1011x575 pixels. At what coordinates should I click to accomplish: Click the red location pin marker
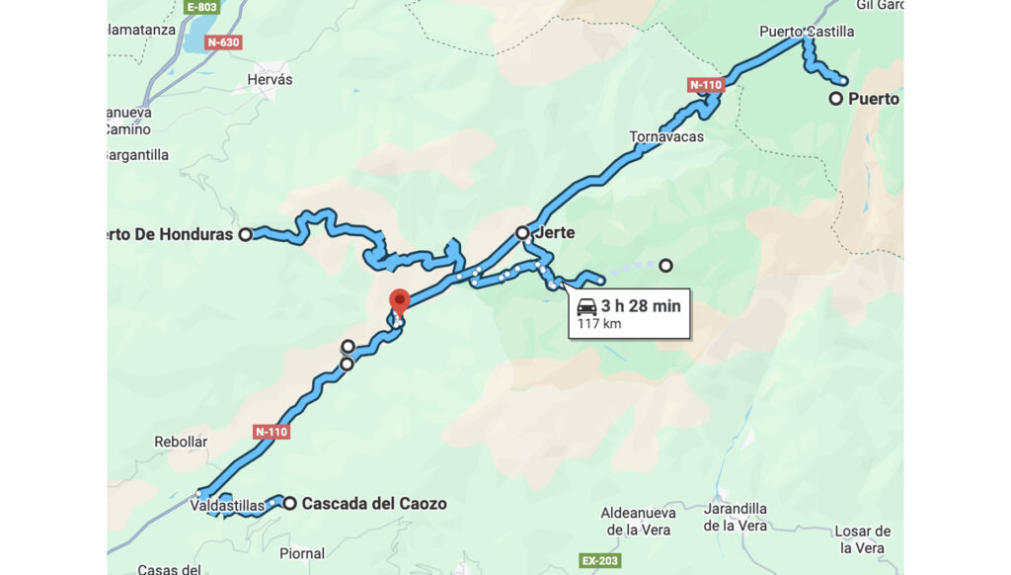[x=399, y=300]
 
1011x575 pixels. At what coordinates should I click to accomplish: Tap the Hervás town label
[x=272, y=79]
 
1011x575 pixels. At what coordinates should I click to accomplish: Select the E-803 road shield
[x=201, y=7]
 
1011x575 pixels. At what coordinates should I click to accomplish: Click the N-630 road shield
[x=223, y=42]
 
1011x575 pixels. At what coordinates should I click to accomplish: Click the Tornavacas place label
[x=666, y=136]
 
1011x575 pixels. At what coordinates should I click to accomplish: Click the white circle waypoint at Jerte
[x=522, y=233]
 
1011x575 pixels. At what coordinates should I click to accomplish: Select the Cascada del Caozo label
[x=374, y=504]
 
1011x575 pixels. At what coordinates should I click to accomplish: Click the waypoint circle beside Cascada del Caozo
[x=289, y=503]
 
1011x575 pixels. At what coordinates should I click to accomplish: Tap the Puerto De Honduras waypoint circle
[x=245, y=234]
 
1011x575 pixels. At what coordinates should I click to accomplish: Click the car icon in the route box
[x=586, y=306]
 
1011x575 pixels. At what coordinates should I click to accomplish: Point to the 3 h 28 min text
[x=641, y=306]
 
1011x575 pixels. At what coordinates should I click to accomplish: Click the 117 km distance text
[x=599, y=324]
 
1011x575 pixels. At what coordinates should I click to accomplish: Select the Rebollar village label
[x=181, y=442]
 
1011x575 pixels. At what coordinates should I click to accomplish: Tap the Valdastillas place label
[x=228, y=506]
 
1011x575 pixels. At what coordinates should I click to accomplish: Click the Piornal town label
[x=301, y=553]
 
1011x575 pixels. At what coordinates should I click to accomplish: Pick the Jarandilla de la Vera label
[x=736, y=518]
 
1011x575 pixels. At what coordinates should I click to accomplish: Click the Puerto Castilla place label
[x=807, y=32]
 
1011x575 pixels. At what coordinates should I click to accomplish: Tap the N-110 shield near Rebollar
[x=272, y=432]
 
